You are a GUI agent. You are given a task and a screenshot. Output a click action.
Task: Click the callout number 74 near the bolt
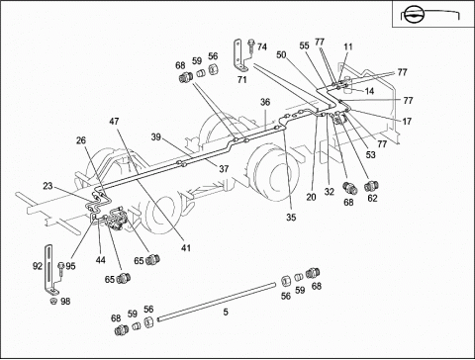[262, 47]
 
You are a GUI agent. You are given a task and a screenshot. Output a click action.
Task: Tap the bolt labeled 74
[251, 45]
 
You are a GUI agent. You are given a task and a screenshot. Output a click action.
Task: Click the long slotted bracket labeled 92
[50, 269]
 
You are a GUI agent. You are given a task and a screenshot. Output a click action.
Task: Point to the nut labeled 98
[52, 301]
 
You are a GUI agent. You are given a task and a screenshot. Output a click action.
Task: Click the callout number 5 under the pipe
[226, 312]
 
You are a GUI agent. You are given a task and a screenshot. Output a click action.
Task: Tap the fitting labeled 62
[371, 186]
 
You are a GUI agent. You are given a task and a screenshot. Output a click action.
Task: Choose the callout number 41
[186, 247]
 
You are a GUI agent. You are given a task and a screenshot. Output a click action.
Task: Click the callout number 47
[114, 122]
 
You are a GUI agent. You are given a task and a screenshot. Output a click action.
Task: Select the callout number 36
[265, 102]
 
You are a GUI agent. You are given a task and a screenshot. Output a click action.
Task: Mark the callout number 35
[291, 218]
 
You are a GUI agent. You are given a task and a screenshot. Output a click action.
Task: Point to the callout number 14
[369, 91]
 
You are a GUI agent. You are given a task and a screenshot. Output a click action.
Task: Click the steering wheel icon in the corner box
[413, 16]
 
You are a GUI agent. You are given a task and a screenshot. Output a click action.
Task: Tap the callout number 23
[47, 186]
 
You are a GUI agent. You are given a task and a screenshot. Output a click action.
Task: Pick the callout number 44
[101, 260]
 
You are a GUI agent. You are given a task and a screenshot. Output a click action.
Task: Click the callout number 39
[156, 136]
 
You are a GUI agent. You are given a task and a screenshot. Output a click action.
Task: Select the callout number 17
[407, 122]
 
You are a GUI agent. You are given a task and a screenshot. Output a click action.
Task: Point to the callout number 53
[371, 154]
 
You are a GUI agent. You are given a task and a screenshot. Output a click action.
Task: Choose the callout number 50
[281, 54]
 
